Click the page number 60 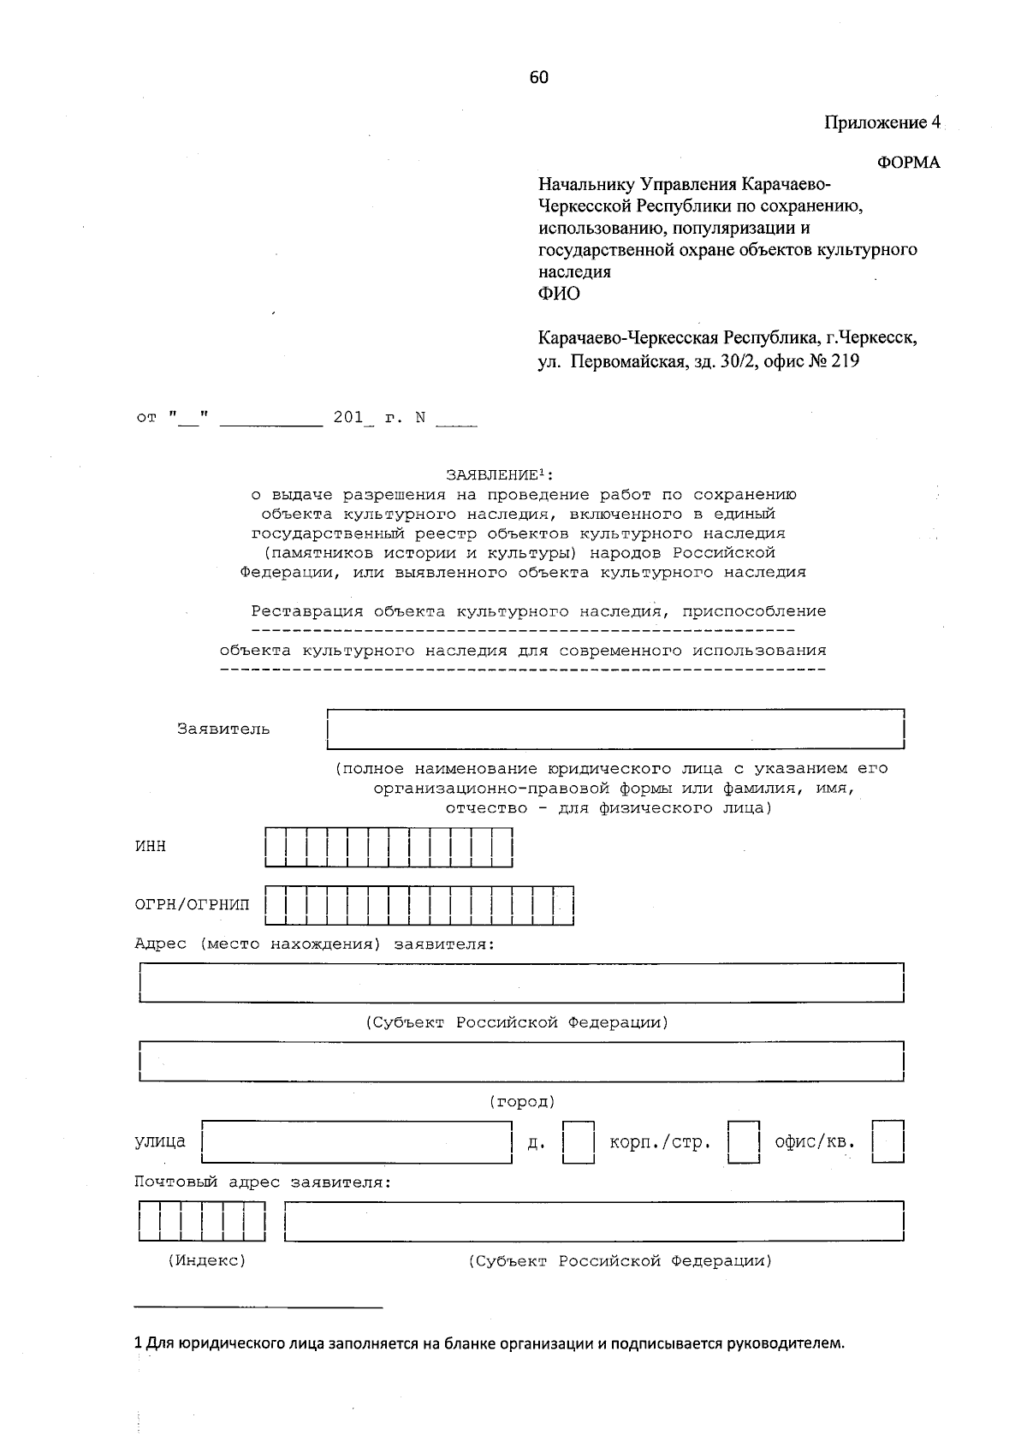pos(538,78)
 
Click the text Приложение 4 pos(882,122)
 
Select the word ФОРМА pos(909,163)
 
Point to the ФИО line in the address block pos(558,294)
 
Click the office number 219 pos(845,360)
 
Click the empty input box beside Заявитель pos(615,729)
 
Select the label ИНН pos(151,846)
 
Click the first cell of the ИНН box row pos(276,847)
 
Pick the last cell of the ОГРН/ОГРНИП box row pos(563,905)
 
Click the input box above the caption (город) pos(521,1062)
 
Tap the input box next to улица pos(356,1141)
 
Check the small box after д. pos(579,1142)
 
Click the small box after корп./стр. pos(744,1142)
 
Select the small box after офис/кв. pos(888,1142)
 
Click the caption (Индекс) pos(206,1260)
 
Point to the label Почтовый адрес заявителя pos(263,1182)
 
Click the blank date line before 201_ pos(270,419)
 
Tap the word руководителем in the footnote pos(785,1343)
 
